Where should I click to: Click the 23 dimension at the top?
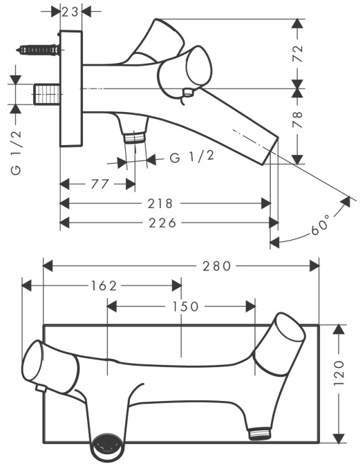pos(70,12)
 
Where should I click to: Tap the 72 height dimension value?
pos(298,53)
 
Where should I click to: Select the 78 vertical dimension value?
pos(297,119)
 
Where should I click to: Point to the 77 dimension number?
pos(100,184)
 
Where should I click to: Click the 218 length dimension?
pos(160,203)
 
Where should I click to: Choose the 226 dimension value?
pos(162,223)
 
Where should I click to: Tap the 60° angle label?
pos(321,225)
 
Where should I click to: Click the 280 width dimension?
pos(217,266)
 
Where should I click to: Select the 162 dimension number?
pos(104,286)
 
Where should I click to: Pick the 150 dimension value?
pos(186,306)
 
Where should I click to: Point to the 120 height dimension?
pos(339,373)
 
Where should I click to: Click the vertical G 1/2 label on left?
pos(17,152)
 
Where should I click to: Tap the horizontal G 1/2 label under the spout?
pos(192,157)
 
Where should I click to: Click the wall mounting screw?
pos(37,50)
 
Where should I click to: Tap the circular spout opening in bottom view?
pos(107,448)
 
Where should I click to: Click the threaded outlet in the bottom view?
pos(260,434)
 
